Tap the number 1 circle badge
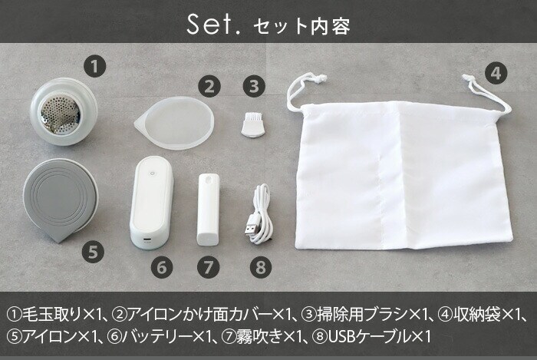coord(95,66)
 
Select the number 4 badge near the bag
coord(496,73)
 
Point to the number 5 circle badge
coord(93,252)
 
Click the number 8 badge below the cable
coord(261,267)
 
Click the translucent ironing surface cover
coord(175,123)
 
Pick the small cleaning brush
coord(252,124)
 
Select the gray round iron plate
coord(61,200)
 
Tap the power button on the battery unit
coord(153,173)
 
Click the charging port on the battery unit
coord(147,239)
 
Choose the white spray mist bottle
coord(208,210)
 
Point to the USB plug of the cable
coord(252,230)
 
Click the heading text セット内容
coord(301,26)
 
